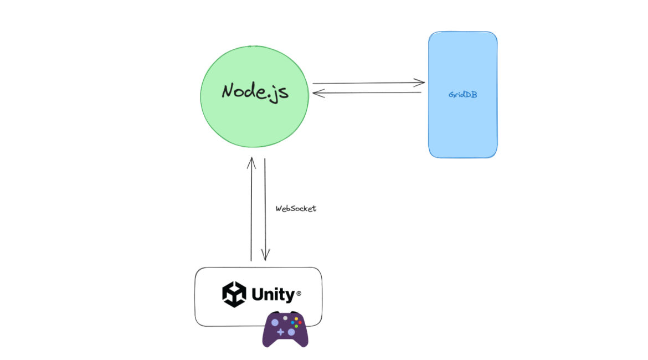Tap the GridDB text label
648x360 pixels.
tap(463, 95)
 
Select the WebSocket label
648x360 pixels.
tap(296, 209)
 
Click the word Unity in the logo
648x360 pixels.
tap(273, 294)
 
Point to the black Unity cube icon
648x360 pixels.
tap(234, 294)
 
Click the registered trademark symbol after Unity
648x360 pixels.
tap(299, 294)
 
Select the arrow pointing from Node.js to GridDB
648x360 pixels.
tap(368, 84)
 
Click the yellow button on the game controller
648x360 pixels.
tap(296, 318)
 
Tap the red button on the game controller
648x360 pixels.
tap(300, 322)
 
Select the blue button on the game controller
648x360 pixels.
tap(292, 322)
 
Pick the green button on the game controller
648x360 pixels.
tap(296, 326)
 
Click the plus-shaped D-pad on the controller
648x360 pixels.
tap(280, 332)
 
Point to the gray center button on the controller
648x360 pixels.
tap(285, 318)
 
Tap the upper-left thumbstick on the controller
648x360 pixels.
tap(275, 322)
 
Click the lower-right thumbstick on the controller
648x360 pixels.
tap(291, 332)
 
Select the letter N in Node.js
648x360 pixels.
tap(228, 91)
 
